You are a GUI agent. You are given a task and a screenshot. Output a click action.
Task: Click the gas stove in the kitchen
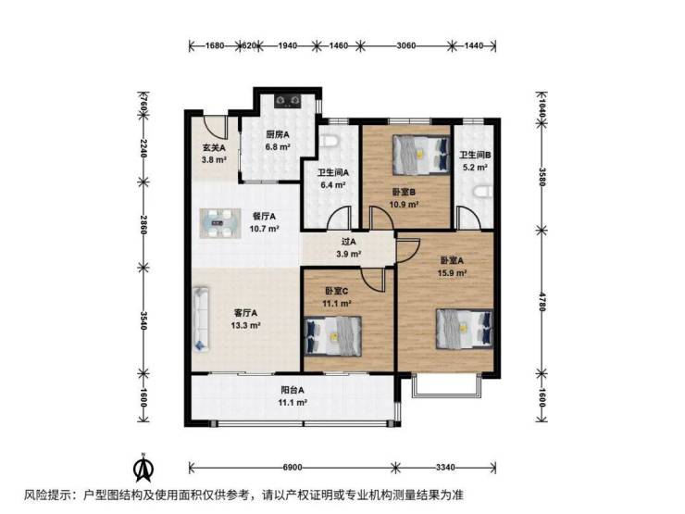288,101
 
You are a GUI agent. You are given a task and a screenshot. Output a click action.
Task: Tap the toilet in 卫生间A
330,141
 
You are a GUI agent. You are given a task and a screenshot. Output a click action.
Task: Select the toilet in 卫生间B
483,193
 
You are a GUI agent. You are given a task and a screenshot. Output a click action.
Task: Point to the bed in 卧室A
465,329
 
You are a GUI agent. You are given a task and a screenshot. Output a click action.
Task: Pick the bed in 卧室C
333,335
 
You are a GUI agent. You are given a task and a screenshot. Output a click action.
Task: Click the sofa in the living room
201,319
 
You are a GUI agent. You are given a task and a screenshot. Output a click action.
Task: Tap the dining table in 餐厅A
220,223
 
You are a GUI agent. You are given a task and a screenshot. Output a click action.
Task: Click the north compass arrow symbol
143,468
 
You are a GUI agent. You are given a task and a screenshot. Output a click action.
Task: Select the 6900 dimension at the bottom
293,468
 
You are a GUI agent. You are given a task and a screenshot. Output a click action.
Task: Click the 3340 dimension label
445,468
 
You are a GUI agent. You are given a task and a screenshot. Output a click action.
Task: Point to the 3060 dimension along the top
405,45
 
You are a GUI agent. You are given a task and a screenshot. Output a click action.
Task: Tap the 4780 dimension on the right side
542,301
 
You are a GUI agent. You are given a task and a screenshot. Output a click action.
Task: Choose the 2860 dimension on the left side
143,224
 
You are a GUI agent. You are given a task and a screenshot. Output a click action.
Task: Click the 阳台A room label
293,390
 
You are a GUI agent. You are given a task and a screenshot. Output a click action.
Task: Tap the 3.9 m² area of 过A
348,254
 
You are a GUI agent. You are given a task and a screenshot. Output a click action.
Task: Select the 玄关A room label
214,148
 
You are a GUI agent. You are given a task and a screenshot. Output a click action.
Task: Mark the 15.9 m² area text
452,273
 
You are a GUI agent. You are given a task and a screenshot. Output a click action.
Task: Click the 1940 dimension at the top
287,45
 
